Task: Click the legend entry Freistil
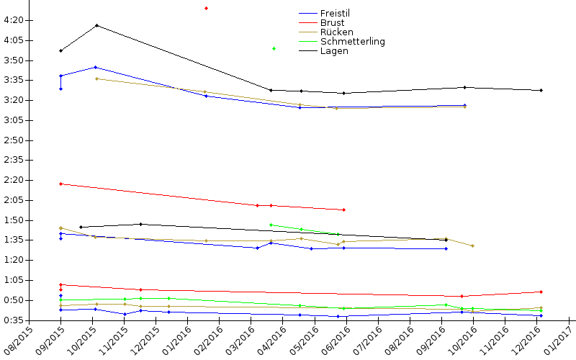coord(334,13)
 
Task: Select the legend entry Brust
coord(332,22)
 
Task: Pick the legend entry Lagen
coord(334,51)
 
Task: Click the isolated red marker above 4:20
coord(206,8)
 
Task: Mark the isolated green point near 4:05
coord(274,48)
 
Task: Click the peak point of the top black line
coord(96,26)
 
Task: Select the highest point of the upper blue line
coord(96,67)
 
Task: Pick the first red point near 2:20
coord(60,184)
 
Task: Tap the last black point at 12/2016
coord(541,90)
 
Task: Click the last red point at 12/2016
coord(541,292)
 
